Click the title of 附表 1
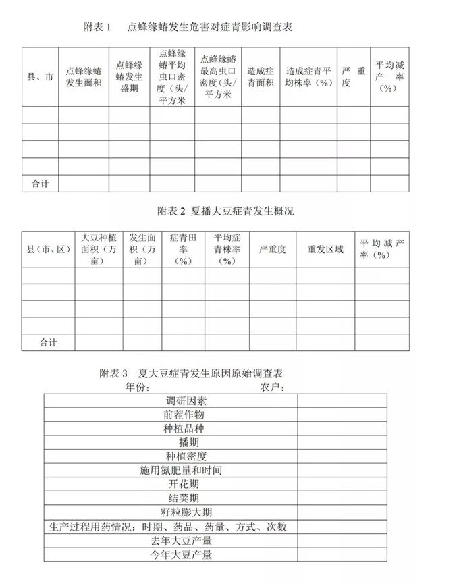(190, 27)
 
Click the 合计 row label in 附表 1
(40, 183)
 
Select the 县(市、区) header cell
(48, 249)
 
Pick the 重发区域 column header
(326, 249)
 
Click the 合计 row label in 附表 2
(48, 342)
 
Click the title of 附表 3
(191, 373)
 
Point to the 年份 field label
(136, 387)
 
